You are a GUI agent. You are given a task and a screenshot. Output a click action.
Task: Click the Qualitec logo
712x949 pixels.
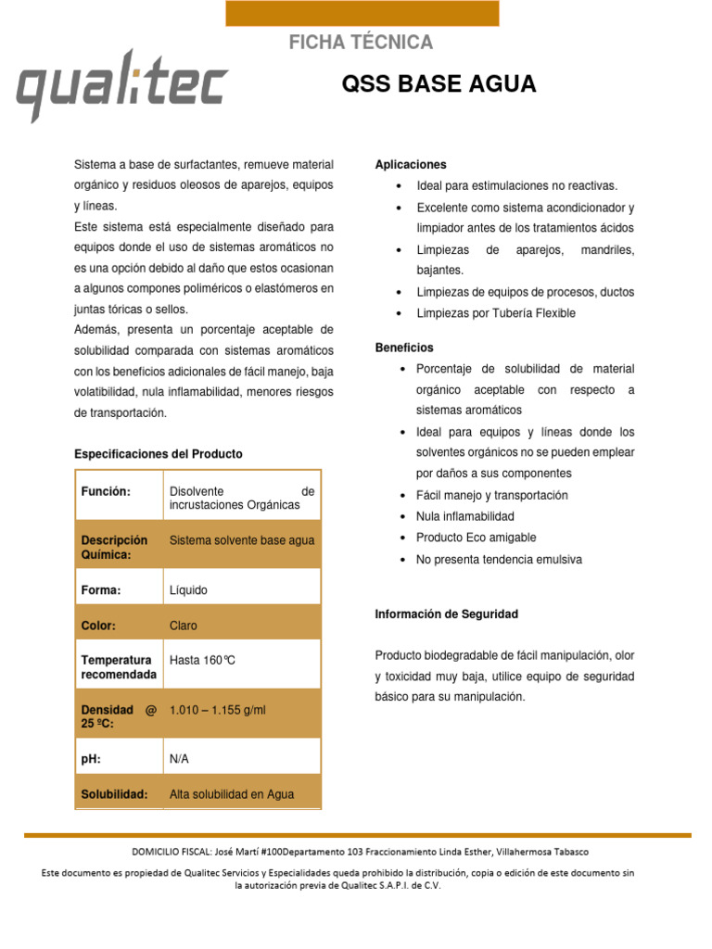[x=121, y=85]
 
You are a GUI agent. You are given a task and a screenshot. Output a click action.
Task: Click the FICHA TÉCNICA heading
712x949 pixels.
[x=361, y=43]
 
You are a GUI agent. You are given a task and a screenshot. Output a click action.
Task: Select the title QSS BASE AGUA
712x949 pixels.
[x=439, y=84]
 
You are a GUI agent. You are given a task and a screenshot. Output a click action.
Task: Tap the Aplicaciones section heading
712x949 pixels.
[x=411, y=164]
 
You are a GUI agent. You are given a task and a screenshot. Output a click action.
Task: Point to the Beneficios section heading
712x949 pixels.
[x=404, y=348]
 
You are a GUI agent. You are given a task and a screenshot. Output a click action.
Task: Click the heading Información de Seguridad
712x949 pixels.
[x=446, y=614]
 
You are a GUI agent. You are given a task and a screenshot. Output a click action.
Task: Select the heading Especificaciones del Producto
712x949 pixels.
[x=158, y=454]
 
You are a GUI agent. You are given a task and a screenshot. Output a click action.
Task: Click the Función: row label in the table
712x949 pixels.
[x=106, y=491]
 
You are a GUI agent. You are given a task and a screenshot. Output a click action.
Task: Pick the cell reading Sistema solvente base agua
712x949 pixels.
[x=242, y=540]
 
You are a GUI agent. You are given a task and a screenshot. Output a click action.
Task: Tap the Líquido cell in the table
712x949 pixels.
[x=189, y=590]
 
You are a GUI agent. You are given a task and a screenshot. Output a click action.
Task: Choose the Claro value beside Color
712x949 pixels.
[x=184, y=626]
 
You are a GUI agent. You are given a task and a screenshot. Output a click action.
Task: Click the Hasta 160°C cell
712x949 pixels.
[x=203, y=661]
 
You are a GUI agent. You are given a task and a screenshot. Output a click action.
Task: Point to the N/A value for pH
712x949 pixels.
[x=179, y=759]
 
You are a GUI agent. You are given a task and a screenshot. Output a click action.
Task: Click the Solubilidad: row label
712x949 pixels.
[x=115, y=795]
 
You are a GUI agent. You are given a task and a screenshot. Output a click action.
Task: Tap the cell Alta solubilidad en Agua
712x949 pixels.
[x=232, y=795]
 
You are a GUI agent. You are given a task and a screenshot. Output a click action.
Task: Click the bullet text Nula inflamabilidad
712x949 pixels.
[x=465, y=516]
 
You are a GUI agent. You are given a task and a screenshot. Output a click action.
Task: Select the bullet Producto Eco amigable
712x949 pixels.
[x=476, y=538]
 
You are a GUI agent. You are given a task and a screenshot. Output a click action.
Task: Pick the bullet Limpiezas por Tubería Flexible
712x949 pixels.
[x=496, y=313]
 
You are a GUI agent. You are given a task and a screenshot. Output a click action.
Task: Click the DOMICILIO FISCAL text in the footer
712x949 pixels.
[x=357, y=852]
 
